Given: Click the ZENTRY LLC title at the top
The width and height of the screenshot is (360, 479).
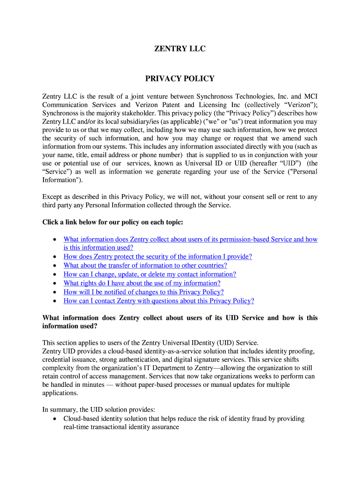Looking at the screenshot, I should tap(180, 49).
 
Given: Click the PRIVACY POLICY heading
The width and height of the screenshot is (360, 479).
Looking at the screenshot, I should tap(180, 79).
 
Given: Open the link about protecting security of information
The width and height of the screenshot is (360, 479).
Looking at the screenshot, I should tap(158, 257).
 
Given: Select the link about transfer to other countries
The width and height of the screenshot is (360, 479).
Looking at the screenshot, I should tap(145, 266).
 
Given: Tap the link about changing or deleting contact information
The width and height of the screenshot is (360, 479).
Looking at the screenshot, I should tap(150, 275).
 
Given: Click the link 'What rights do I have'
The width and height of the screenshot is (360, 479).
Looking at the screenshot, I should tap(142, 283).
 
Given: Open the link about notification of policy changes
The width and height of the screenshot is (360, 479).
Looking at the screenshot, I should tap(144, 292).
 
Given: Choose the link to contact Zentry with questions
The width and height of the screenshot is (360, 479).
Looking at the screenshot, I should tap(158, 301).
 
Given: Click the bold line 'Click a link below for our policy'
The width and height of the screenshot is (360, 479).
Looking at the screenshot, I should tap(113, 222).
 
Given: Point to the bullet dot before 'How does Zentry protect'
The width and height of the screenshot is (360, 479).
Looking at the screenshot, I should tap(55, 257).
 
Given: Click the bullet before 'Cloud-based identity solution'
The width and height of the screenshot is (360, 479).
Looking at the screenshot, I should tap(55, 419).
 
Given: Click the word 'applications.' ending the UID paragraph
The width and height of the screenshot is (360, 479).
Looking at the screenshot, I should tap(60, 393).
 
